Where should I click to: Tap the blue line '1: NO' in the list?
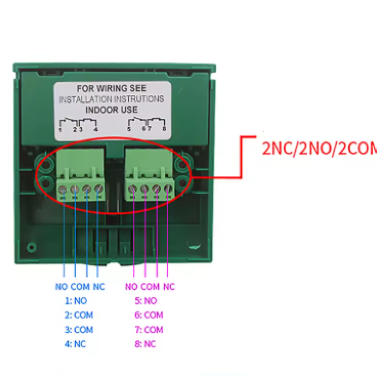point(76,301)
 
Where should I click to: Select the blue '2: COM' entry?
point(79,315)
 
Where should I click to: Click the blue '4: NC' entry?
point(75,344)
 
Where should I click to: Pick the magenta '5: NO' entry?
point(146,301)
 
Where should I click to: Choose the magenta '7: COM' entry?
point(148,329)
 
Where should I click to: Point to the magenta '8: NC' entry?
point(145,344)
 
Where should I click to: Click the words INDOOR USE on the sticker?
point(111,109)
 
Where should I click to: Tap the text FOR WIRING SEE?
point(112,88)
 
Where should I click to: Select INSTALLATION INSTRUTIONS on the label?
point(112,99)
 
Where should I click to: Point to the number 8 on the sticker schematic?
point(164,129)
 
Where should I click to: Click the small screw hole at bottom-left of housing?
point(31,246)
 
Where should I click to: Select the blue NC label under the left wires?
point(99,287)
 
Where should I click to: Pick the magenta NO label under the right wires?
point(131,287)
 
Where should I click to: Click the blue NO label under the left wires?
point(62,287)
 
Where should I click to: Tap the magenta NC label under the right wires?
point(169,287)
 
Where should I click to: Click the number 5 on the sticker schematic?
point(129,129)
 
